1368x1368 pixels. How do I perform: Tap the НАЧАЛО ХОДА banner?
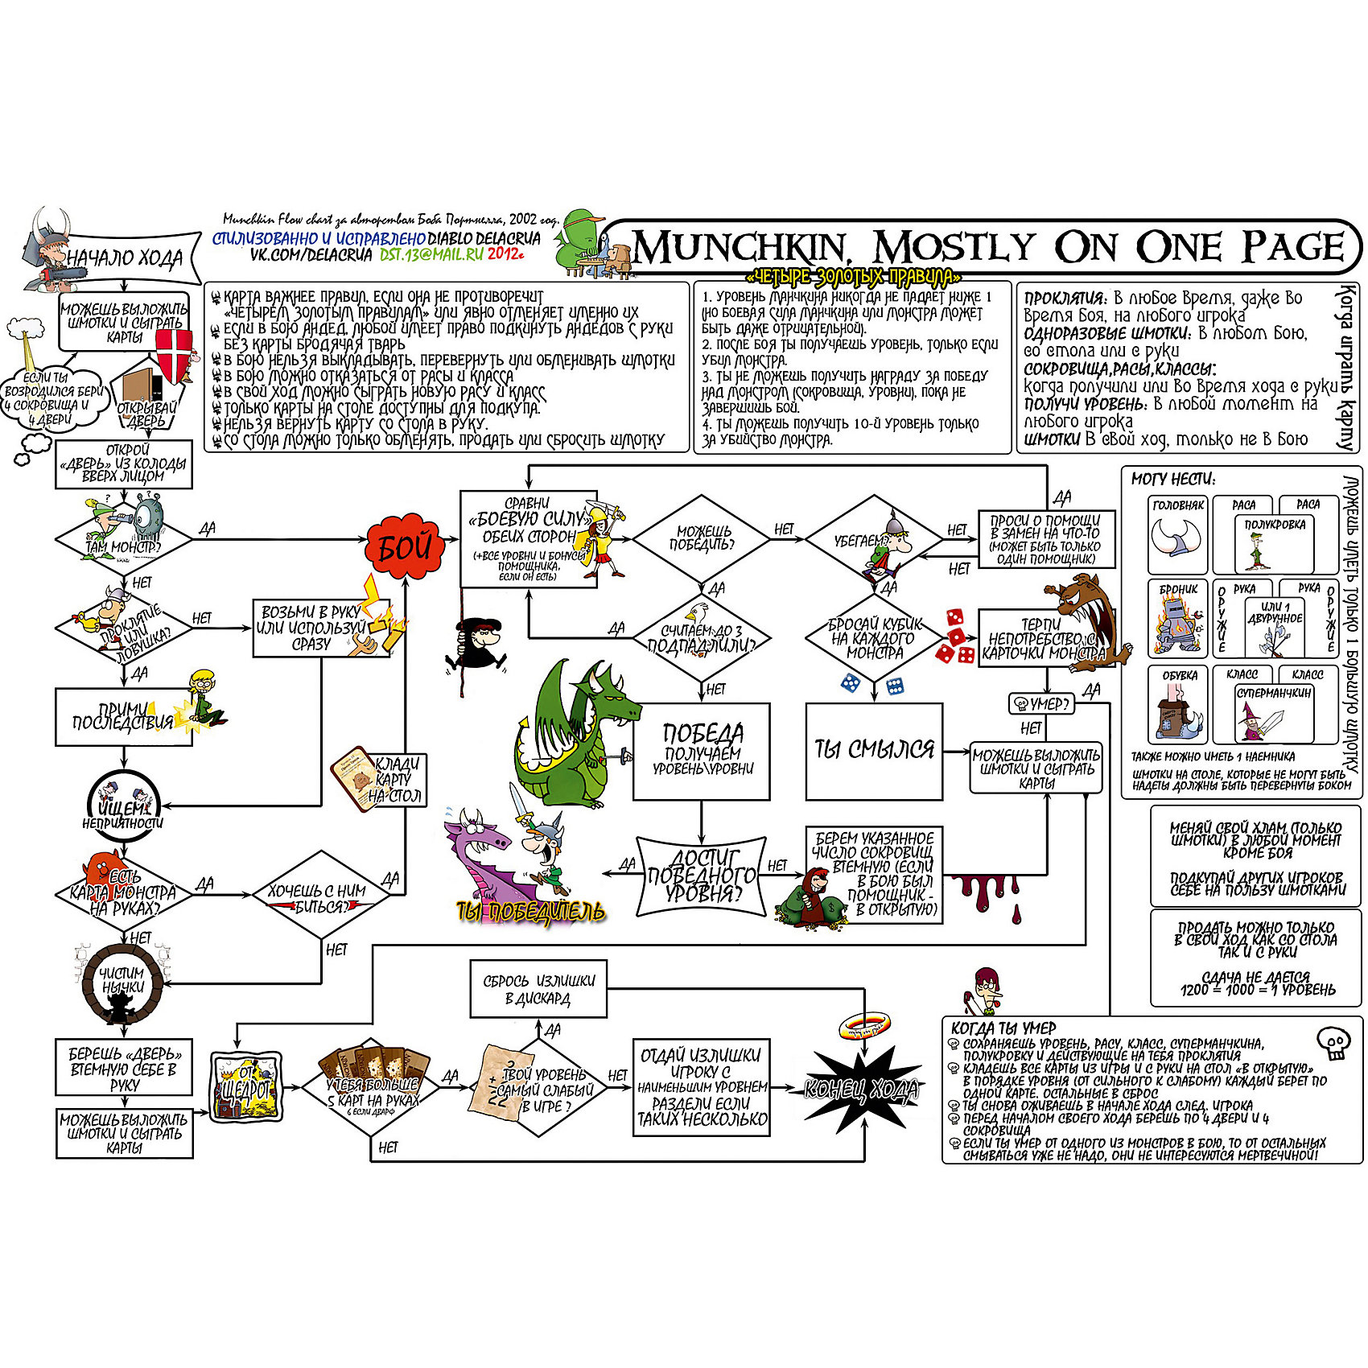[x=125, y=258]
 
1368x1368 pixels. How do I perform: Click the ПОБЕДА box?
[x=702, y=752]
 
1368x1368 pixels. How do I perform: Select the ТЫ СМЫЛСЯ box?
[x=874, y=751]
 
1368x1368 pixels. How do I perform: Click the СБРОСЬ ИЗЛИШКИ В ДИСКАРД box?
[x=538, y=989]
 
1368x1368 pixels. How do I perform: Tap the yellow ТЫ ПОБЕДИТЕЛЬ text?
[x=529, y=911]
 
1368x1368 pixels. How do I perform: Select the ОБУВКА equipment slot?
[x=1179, y=705]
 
